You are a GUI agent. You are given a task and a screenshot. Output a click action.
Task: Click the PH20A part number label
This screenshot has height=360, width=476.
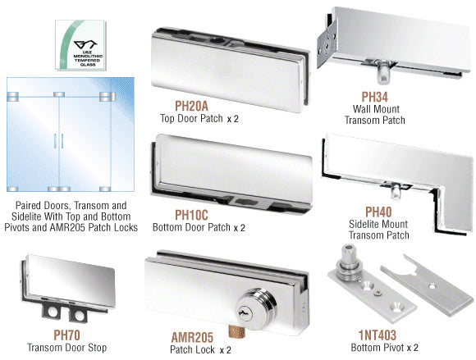coord(191,106)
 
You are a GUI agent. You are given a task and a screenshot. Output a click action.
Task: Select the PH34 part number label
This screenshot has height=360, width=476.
coord(374,97)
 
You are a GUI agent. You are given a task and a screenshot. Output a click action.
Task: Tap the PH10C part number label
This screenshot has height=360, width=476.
coord(191,215)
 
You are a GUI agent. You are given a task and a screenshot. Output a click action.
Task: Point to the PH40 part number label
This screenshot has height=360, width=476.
coord(378,212)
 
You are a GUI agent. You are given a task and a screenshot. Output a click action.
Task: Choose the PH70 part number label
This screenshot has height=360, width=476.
coord(66,335)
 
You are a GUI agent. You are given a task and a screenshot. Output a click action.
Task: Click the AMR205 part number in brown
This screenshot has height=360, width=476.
coord(192,337)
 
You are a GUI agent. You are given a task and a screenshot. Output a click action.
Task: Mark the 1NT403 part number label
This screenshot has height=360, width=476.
coord(378,335)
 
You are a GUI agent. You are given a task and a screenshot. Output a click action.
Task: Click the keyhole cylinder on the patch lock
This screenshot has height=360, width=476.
coord(256,308)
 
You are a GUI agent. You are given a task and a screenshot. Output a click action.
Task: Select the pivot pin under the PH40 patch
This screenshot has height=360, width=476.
coord(395,190)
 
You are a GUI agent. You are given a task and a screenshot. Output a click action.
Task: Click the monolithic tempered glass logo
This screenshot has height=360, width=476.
coord(80,45)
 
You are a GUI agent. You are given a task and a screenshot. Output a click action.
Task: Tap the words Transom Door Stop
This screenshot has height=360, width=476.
coord(66,348)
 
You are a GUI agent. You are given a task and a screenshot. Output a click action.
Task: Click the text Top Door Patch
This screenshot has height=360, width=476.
coord(191,118)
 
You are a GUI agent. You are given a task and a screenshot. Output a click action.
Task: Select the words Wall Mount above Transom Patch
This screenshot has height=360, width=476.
coord(376,109)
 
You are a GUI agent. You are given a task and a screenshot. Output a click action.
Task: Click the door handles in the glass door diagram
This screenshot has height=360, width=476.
coord(58,141)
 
